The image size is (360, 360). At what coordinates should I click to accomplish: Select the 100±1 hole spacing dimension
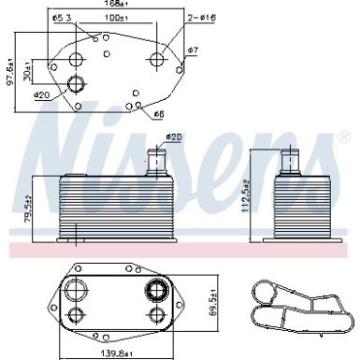coord(116,19)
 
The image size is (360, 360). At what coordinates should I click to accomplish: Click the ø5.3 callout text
coord(62,19)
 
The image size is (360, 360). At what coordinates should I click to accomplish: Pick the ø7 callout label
coord(193,50)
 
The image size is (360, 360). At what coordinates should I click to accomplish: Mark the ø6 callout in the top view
coord(158,113)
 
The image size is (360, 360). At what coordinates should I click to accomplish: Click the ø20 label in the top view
coord(42,95)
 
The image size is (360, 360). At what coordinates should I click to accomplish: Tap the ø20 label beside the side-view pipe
coord(173,138)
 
